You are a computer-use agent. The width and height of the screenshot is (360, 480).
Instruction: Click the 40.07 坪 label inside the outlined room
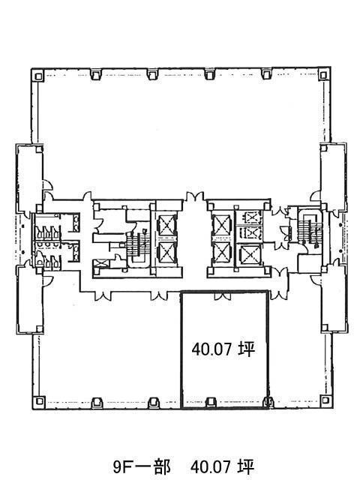223,349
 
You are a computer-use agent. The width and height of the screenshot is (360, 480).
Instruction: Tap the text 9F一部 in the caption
142,467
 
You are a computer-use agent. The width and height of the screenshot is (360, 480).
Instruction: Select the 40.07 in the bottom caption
210,467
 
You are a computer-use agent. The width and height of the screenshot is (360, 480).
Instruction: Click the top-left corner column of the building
38,76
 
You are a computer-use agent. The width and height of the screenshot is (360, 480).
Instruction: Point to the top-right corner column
323,75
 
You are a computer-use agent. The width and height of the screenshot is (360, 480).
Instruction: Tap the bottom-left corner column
39,400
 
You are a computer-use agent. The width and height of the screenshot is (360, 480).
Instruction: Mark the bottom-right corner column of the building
325,400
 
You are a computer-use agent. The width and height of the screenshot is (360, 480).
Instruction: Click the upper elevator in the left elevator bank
166,225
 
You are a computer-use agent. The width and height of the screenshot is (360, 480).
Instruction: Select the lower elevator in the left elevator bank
166,253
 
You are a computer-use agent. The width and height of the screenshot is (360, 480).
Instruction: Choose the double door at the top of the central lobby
195,196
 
